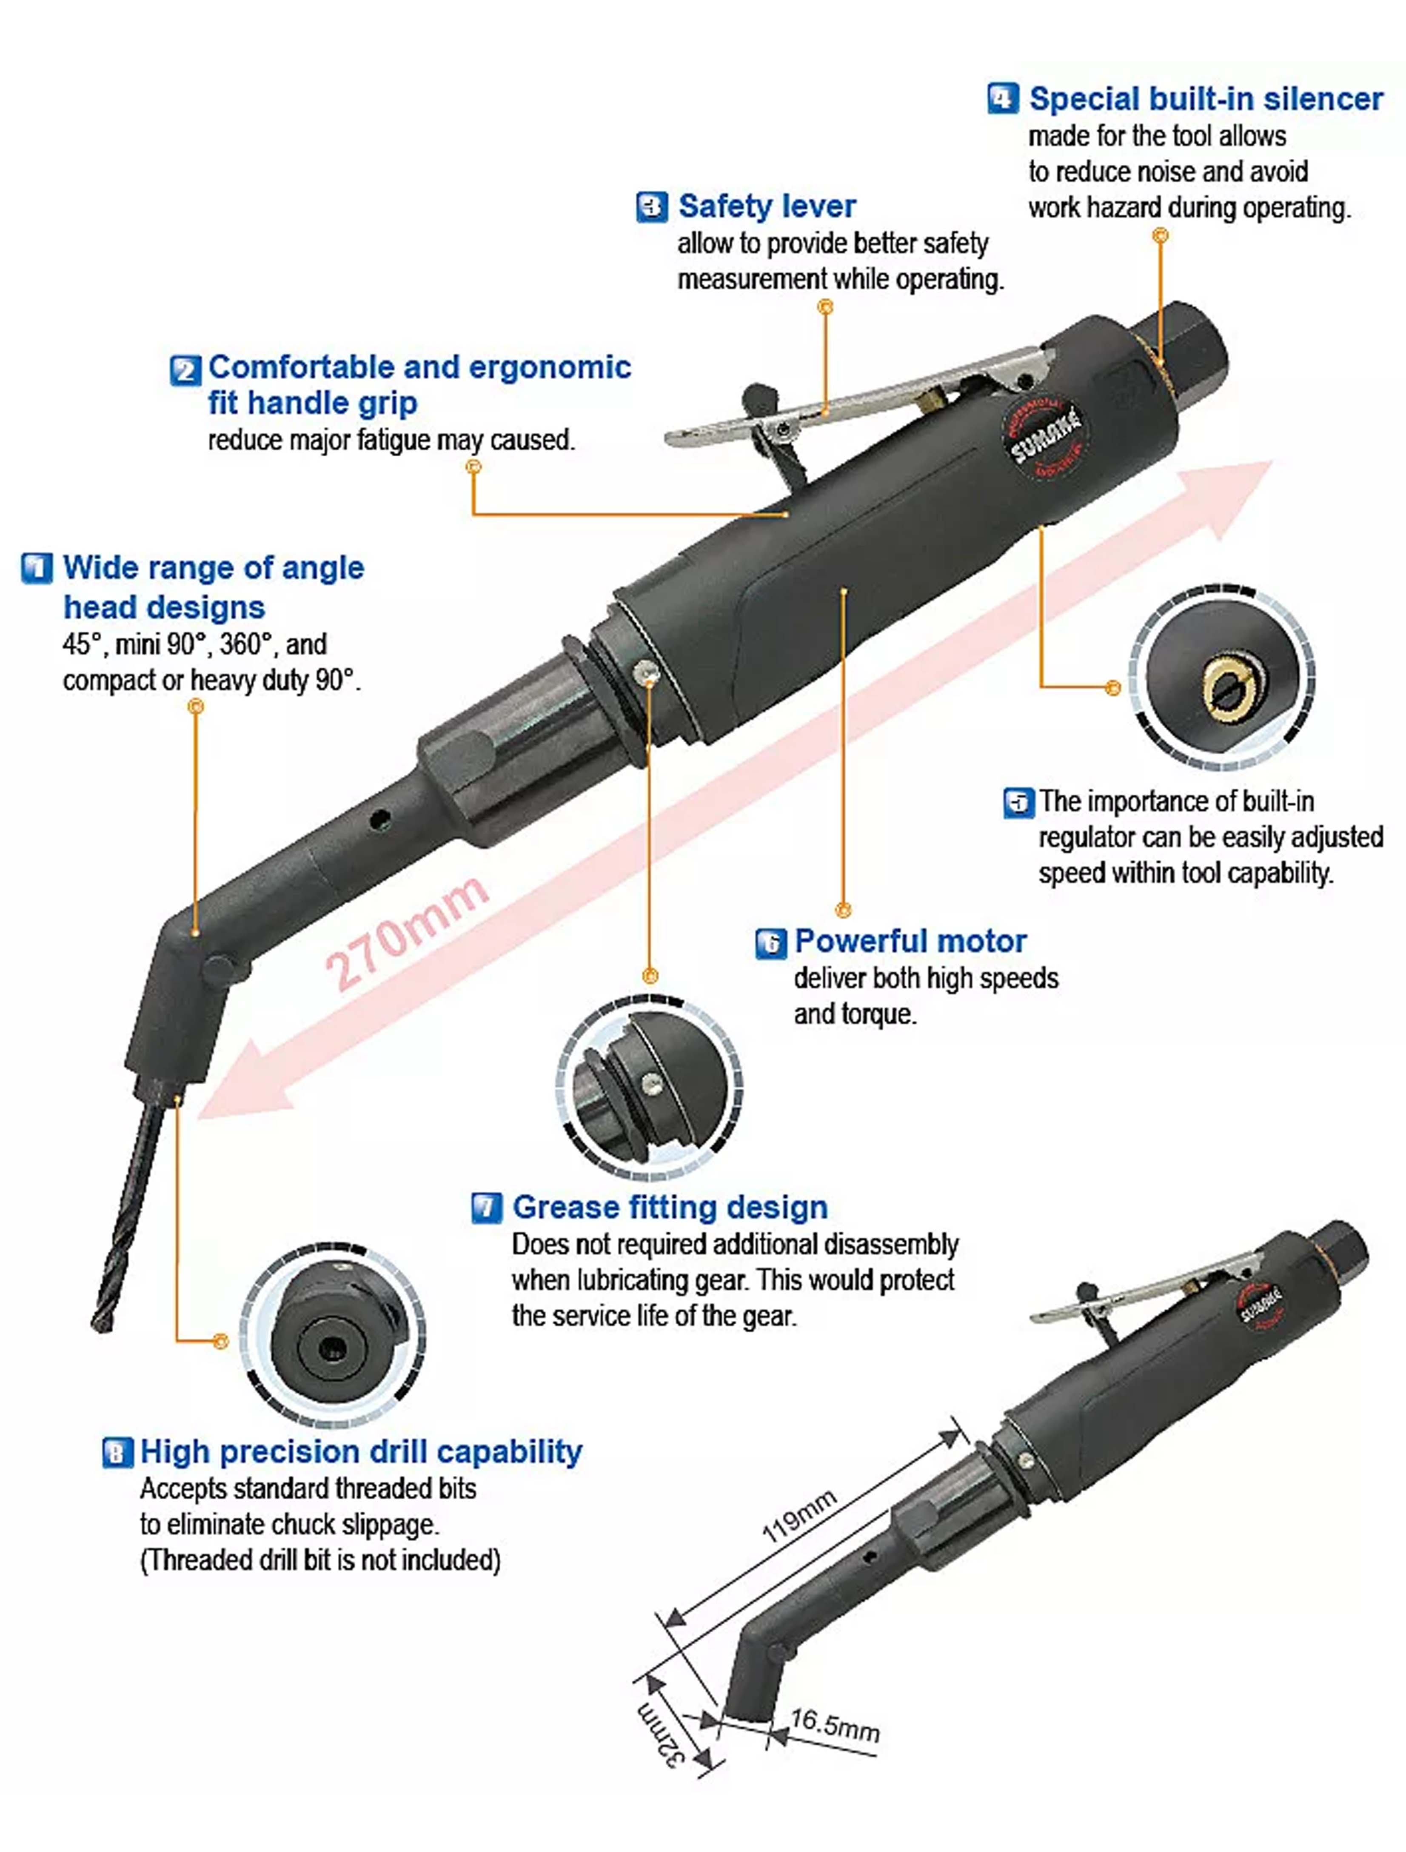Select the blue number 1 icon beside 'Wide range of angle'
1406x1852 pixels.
[37, 568]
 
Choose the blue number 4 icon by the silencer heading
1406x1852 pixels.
[1003, 98]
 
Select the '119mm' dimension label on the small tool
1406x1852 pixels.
[799, 1515]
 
